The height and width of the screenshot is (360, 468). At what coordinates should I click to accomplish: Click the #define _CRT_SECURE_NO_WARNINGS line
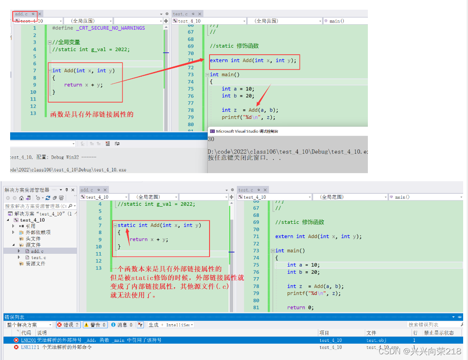98,28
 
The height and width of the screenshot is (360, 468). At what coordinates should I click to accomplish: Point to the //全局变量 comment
66,42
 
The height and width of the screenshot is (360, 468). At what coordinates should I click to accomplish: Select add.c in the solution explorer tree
37,251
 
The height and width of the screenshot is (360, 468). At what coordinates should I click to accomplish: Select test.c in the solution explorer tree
38,257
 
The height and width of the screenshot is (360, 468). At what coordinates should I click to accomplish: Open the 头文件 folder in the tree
33,238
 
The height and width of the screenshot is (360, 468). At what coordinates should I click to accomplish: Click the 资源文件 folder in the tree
35,264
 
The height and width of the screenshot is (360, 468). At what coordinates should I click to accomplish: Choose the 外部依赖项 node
38,232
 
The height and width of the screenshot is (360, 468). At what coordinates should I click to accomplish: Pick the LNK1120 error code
28,347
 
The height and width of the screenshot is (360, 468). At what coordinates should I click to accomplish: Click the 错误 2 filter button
68,325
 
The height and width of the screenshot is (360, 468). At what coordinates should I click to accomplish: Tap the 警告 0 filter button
95,325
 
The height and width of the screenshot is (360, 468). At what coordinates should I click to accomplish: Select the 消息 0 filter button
122,325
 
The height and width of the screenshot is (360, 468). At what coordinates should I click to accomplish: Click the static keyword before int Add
127,225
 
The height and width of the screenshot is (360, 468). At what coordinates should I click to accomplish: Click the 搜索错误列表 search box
432,325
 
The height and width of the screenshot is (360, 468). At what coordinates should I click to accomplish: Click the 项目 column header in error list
325,333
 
